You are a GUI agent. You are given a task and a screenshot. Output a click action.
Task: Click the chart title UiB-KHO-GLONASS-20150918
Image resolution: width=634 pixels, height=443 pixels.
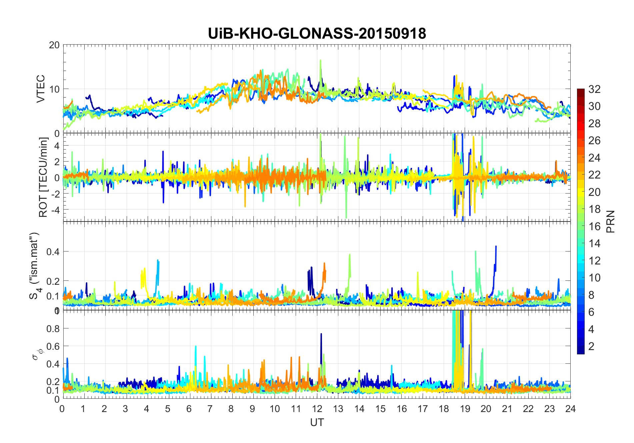(317, 34)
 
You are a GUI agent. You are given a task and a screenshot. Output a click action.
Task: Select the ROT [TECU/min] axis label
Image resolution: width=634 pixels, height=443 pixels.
(43, 177)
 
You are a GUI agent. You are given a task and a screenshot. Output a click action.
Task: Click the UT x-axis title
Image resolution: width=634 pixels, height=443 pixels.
(317, 422)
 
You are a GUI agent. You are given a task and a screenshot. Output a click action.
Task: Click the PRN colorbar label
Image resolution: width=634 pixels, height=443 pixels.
(611, 221)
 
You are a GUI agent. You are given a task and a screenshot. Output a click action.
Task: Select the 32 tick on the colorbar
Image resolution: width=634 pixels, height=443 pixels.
(594, 89)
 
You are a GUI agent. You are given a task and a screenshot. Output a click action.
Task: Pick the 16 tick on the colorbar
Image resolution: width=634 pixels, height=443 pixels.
(594, 226)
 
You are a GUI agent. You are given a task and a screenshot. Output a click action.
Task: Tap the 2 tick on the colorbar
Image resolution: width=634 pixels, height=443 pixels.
(591, 346)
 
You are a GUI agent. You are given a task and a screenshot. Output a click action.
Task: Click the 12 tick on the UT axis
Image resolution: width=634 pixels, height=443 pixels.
(317, 409)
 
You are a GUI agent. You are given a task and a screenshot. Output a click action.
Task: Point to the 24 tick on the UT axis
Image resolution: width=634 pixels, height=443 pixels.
(570, 409)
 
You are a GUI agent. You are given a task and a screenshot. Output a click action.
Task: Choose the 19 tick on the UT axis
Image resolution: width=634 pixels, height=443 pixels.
(465, 409)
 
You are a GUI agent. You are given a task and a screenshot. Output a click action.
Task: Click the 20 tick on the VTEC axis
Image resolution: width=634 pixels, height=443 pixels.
(54, 45)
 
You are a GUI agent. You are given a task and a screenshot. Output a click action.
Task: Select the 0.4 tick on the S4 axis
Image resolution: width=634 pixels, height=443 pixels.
(53, 251)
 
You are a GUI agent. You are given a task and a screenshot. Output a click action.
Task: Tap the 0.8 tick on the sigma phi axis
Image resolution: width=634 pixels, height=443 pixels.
(53, 328)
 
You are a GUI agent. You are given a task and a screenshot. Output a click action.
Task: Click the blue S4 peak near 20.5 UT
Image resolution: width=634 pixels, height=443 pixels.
(496, 247)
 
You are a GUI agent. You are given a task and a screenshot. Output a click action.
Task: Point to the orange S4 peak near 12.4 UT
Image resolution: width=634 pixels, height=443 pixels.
(324, 263)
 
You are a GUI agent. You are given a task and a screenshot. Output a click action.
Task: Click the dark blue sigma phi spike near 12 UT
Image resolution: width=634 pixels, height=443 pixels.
(321, 334)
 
